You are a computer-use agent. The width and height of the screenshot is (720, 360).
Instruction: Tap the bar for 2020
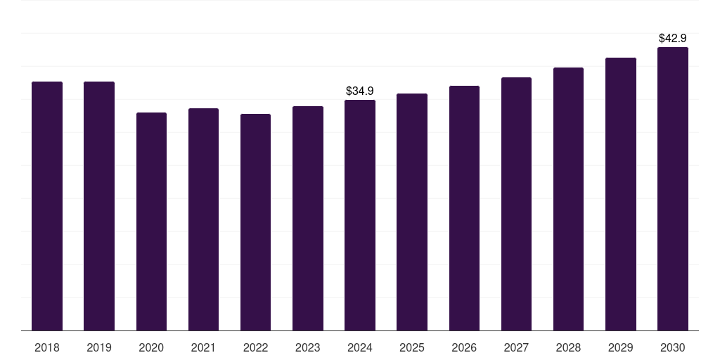click(x=151, y=221)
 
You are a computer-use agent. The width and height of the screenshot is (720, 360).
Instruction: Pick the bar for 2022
click(x=255, y=222)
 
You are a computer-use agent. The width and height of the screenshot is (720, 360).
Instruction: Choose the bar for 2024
click(x=360, y=215)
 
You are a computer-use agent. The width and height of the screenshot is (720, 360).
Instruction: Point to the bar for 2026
click(x=464, y=208)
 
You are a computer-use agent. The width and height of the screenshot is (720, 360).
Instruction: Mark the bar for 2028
click(x=568, y=199)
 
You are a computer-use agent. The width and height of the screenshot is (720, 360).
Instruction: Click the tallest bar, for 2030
click(x=673, y=189)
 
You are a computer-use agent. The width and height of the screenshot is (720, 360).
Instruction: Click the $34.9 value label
click(x=360, y=91)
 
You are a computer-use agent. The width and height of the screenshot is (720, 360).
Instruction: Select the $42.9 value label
click(x=673, y=38)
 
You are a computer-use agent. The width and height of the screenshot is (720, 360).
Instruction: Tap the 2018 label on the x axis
click(x=47, y=347)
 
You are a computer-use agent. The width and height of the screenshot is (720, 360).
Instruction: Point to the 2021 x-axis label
click(x=203, y=347)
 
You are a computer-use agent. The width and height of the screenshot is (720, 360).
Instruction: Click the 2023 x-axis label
click(x=308, y=347)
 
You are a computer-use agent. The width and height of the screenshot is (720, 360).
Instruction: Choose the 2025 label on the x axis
click(x=412, y=347)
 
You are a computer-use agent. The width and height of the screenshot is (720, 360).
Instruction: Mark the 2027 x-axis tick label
click(x=516, y=347)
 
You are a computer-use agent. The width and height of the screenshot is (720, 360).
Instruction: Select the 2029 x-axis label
click(x=621, y=347)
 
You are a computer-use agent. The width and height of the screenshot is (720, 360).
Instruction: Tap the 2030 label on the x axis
click(x=673, y=347)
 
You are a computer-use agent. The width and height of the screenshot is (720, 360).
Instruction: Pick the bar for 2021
click(x=203, y=219)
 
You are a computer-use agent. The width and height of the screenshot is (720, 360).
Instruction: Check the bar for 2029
click(x=621, y=194)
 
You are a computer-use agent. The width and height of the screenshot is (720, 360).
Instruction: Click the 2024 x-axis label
click(x=360, y=347)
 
